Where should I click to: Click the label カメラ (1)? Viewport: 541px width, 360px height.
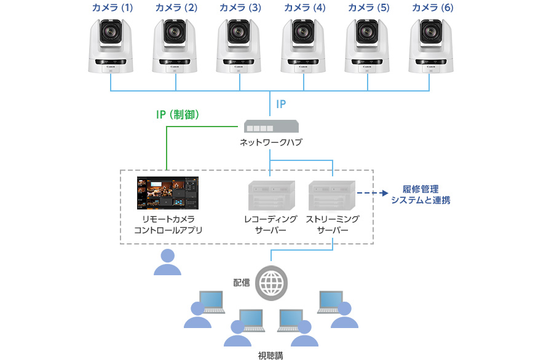point(112,9)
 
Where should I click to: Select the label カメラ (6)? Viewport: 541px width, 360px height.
point(432,9)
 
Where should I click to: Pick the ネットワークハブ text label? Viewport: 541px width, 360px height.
point(271,143)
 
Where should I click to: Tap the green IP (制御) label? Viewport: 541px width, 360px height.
point(178,114)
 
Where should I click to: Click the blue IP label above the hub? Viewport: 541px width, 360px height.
point(280,104)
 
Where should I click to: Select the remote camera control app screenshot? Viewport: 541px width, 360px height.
point(168,193)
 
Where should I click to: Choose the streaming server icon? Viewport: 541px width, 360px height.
point(332,195)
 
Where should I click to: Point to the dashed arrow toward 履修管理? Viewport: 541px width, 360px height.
point(373,194)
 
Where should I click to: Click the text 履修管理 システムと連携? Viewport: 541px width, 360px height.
point(421,194)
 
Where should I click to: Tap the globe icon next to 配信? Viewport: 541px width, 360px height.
point(270,283)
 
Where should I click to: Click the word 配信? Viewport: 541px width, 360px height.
point(242,282)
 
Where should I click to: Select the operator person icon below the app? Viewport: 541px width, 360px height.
point(167,262)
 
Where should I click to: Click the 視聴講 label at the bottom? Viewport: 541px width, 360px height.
point(270,354)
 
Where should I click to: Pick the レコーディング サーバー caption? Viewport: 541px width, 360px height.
point(270,225)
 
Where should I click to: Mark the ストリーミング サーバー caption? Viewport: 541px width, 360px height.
point(333,225)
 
